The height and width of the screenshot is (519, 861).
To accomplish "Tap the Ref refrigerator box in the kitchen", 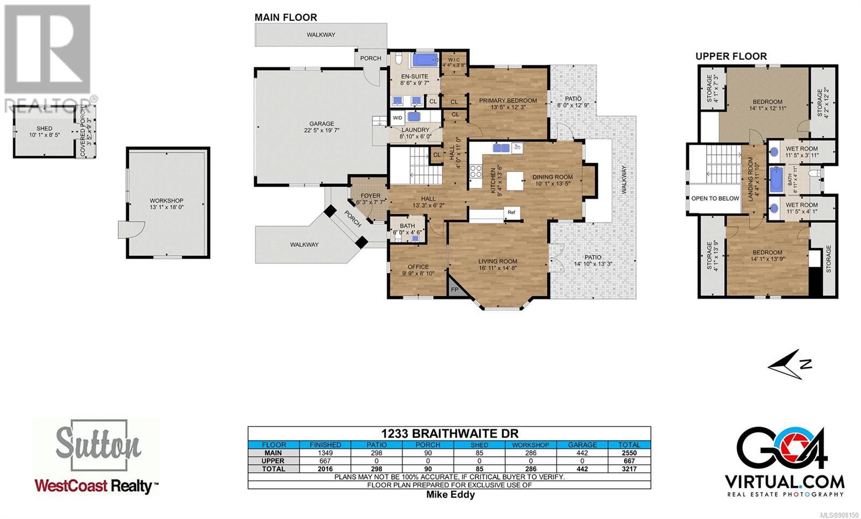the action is [512, 212].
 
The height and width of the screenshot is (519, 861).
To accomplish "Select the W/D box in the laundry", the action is [397, 118].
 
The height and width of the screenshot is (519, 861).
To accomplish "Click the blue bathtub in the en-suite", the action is [425, 60].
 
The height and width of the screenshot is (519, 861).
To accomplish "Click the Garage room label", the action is [322, 124].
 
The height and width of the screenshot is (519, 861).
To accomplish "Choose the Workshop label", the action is [166, 201].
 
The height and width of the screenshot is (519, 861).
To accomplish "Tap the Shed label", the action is [45, 129].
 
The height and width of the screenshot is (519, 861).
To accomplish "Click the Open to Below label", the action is [715, 198].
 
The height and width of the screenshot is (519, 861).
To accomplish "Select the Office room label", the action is [418, 267].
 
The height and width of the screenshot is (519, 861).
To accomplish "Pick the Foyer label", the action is [371, 196].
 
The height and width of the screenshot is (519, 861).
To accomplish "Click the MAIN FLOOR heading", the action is [286, 17].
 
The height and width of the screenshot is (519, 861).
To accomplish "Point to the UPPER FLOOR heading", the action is [731, 56].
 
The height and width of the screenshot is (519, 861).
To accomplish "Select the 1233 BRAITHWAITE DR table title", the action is [449, 433].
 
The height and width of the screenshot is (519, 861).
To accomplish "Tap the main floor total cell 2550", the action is [629, 453].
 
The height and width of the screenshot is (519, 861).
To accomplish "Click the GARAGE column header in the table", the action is [582, 445].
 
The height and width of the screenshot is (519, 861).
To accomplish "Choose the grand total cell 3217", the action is [629, 469].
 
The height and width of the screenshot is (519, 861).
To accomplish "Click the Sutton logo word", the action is [98, 444].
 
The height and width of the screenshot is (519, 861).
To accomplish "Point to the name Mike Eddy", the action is [450, 494].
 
